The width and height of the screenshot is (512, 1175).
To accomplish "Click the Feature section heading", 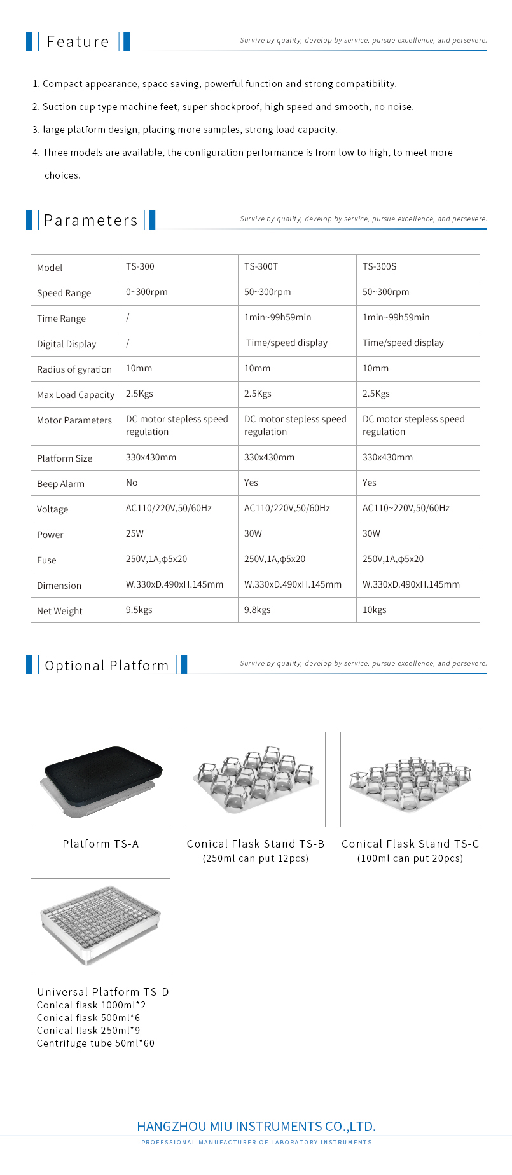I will pos(78,42).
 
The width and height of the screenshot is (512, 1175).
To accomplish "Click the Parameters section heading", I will pos(90,221).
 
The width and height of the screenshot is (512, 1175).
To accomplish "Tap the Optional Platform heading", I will pos(106,666).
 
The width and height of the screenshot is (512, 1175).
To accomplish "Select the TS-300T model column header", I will pos(261,267).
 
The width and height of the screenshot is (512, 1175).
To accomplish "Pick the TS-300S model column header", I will pos(379,267).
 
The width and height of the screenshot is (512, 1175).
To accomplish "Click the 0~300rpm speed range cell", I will pos(146,292).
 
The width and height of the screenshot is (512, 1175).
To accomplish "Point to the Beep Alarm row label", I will pos(60,484).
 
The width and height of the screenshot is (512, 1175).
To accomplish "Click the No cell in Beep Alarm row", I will pos(132,483).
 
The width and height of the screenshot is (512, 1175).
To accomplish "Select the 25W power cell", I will pos(135,534).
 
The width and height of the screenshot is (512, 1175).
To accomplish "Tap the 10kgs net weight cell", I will pos(374,610).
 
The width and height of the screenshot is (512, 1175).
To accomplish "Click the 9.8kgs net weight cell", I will pos(257,610).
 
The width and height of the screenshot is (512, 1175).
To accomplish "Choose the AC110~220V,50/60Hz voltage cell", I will pos(406,509).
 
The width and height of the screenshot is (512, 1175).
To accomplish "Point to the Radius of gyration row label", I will pos(74,369).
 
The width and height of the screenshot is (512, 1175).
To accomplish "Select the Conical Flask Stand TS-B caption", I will pos(256,844).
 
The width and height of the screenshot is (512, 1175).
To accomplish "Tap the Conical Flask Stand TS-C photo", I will pos(410,779).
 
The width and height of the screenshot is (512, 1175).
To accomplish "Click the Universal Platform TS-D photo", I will pos(100,925).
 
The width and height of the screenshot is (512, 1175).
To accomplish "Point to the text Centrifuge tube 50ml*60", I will pos(95,1043).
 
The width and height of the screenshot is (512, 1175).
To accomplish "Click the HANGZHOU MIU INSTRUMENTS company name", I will pos(256,1127).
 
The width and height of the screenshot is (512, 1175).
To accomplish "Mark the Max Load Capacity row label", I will pos(75,395).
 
